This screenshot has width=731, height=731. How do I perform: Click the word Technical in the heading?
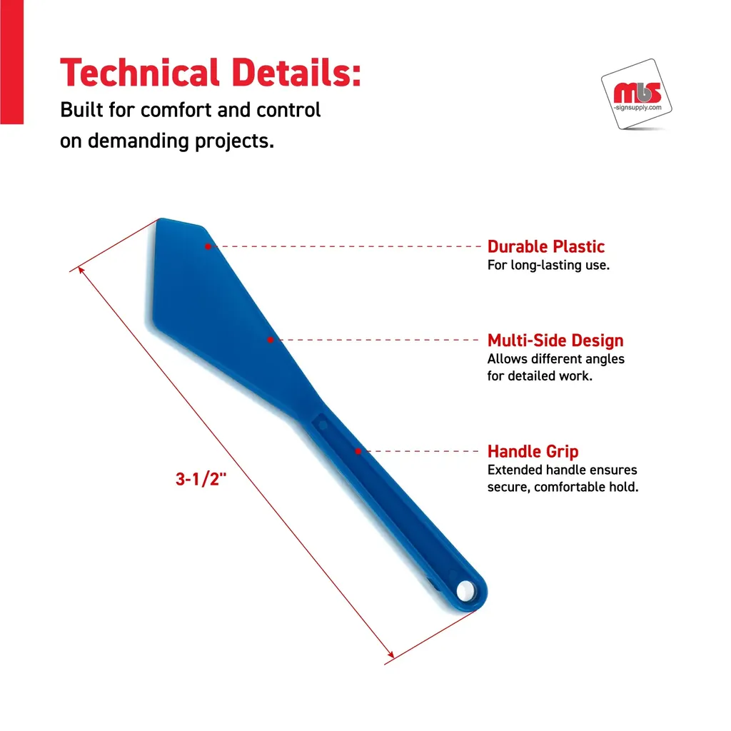140,74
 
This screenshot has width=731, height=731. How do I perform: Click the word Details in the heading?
296,74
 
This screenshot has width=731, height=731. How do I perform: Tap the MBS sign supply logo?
637,95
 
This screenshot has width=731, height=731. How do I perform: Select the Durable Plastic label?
546,246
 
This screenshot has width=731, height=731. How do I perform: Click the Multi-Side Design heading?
555,341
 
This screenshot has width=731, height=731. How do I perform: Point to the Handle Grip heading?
533,451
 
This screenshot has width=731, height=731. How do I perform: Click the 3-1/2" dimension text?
201,479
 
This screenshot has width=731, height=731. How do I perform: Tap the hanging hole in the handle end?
465,591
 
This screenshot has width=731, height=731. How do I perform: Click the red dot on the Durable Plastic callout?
208,246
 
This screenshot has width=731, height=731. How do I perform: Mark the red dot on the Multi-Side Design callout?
271,340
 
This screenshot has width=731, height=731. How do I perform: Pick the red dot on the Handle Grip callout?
358,451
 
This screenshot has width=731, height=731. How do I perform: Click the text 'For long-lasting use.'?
548,266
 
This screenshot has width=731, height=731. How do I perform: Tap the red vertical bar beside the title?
11,62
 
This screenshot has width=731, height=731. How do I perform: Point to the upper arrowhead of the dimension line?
81,270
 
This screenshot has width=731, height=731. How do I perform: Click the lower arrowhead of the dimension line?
390,655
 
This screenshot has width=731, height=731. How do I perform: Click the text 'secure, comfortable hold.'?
563,487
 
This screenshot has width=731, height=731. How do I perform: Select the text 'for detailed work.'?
540,375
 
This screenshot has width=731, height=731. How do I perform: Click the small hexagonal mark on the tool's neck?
323,425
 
